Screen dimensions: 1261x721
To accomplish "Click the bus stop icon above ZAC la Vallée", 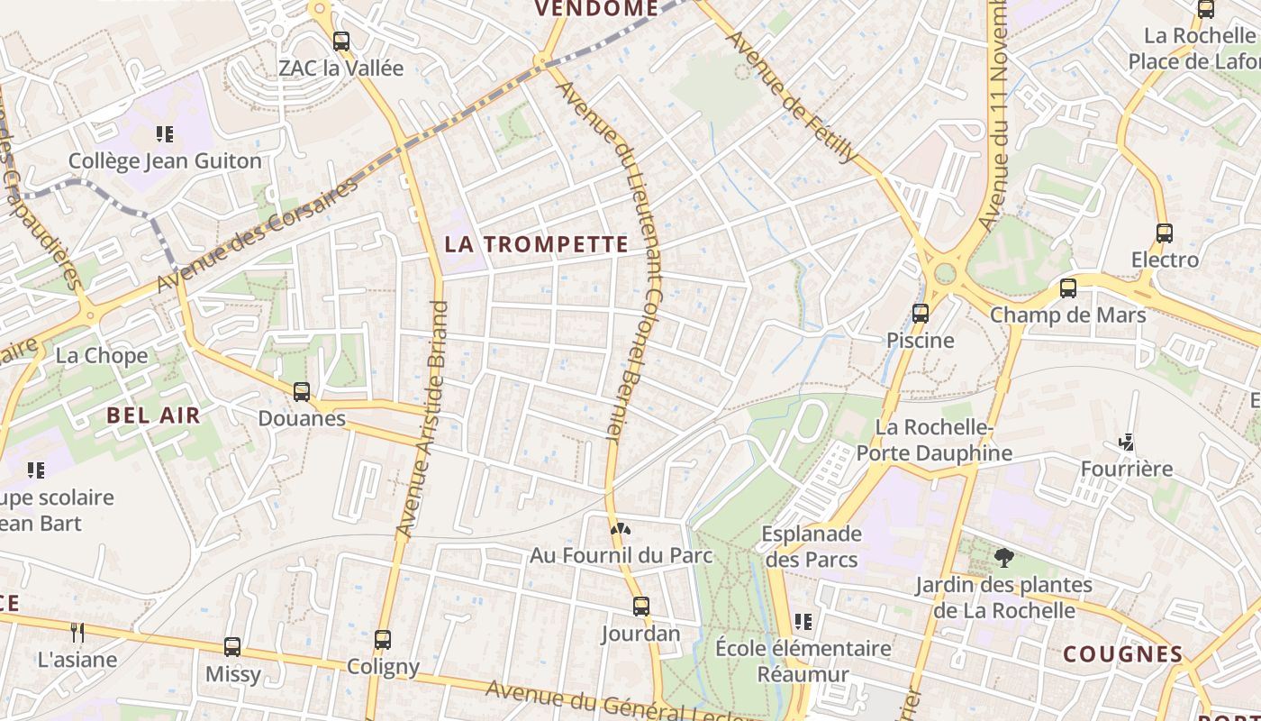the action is [340, 41].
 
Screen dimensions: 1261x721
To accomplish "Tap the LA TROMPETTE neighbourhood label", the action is [537, 244].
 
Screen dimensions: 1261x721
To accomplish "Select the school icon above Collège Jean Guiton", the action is [164, 134].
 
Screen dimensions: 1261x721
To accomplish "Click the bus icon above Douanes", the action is [302, 392].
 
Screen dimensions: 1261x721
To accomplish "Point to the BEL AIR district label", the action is [153, 415].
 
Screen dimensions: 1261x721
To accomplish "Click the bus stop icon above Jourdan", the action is [641, 607].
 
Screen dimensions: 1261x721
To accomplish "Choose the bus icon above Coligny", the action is [383, 640].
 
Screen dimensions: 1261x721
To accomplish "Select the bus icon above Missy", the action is [232, 647].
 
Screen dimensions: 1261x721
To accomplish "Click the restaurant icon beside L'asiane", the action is [77, 633].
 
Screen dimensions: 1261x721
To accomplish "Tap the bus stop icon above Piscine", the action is [920, 314].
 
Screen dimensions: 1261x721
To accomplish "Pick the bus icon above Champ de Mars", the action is [1068, 288].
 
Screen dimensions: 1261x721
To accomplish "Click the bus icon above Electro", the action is [1165, 233].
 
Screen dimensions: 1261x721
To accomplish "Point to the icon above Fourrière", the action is [1126, 442].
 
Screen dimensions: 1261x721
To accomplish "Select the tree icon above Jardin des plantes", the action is [1003, 558].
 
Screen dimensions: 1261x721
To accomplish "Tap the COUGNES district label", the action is [1123, 654].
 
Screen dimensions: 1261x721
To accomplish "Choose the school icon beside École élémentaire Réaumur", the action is [803, 621].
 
